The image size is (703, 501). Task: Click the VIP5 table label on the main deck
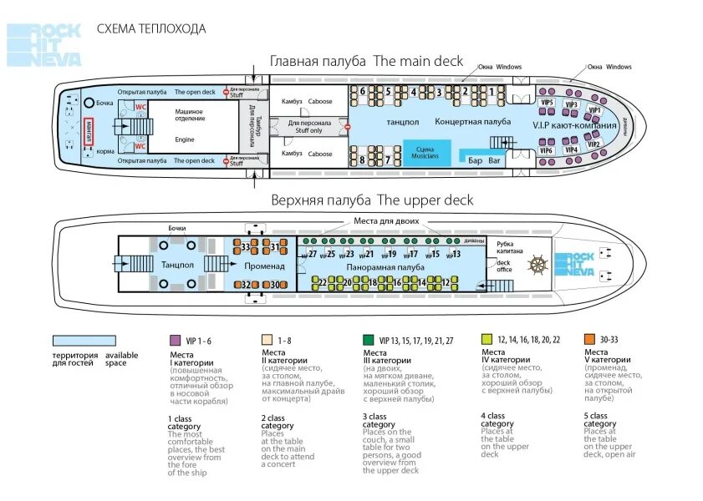(x=547, y=102)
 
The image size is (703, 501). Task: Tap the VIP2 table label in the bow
(x=593, y=144)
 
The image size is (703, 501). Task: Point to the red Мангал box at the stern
(x=89, y=129)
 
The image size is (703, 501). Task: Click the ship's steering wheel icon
(x=538, y=265)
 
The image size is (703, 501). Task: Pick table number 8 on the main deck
(x=362, y=159)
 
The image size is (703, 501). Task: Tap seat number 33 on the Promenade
(x=245, y=247)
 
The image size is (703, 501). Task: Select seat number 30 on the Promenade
(x=274, y=285)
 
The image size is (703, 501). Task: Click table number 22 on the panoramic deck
(x=323, y=282)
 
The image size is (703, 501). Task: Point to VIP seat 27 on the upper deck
(x=313, y=254)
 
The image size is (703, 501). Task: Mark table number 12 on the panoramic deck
(x=446, y=282)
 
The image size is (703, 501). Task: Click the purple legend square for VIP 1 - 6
(x=175, y=340)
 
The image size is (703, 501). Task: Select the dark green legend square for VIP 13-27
(x=368, y=340)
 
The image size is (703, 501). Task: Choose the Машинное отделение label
(x=190, y=114)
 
